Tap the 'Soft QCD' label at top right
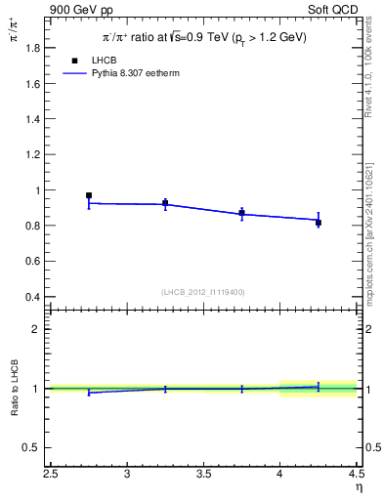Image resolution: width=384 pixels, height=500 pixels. pyautogui.click(x=333, y=10)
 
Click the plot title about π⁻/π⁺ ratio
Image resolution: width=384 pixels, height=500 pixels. pyautogui.click(x=206, y=36)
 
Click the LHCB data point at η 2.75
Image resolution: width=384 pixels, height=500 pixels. pyautogui.click(x=89, y=195)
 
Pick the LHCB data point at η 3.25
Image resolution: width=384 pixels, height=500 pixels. pyautogui.click(x=165, y=203)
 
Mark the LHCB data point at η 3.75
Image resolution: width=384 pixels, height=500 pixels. pyautogui.click(x=241, y=213)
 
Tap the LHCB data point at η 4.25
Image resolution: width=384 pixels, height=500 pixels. pyautogui.click(x=319, y=223)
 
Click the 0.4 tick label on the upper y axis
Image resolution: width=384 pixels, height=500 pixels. pyautogui.click(x=35, y=297)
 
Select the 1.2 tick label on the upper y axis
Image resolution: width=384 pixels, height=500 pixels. pyautogui.click(x=35, y=154)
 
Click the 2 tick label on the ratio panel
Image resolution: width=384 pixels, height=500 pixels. pyautogui.click(x=38, y=329)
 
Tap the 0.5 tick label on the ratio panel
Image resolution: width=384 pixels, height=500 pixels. pyautogui.click(x=35, y=448)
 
